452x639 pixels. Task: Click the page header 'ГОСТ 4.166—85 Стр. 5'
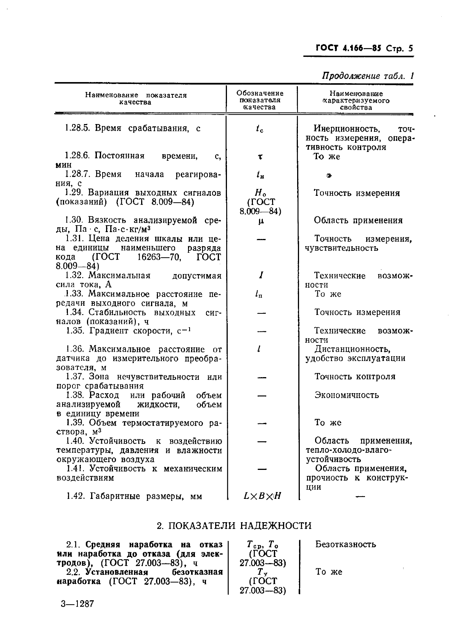364,48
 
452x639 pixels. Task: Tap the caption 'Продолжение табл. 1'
368,76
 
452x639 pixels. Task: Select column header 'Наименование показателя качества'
135,98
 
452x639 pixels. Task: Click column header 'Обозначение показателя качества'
260,100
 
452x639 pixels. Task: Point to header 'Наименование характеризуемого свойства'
356,100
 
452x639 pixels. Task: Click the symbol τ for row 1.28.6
260,157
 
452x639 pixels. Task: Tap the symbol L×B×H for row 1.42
262,496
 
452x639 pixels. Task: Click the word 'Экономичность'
347,395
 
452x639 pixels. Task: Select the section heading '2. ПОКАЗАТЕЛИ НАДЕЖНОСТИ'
234,526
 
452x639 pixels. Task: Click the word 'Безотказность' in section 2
346,544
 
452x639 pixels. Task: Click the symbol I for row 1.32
261,275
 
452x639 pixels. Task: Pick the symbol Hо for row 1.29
261,193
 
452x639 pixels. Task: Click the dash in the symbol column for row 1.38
261,395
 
